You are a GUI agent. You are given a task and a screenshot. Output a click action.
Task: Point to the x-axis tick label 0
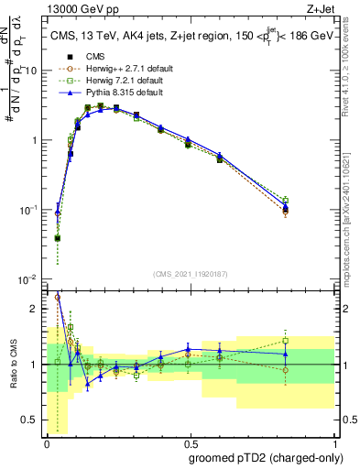[x=46, y=442]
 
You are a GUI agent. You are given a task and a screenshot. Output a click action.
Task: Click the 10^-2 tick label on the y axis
[x=27, y=278]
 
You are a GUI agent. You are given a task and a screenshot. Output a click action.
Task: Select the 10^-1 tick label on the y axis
[x=27, y=210]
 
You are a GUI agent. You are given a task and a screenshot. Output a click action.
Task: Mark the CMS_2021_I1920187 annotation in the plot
[x=189, y=273]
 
